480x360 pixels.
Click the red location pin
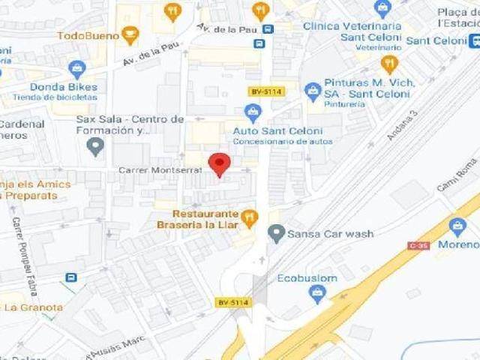[x=219, y=164]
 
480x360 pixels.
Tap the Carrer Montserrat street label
[x=160, y=171]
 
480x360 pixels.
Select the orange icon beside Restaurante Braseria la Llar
[x=250, y=217]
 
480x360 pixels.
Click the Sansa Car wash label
[x=331, y=234]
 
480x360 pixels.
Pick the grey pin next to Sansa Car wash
[x=277, y=234]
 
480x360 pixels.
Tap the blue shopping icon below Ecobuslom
[x=318, y=294]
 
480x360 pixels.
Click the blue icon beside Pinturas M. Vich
[x=313, y=91]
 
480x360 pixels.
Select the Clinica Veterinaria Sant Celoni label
[x=352, y=31]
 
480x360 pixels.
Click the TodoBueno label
[x=88, y=35]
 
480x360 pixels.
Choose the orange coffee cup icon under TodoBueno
[x=130, y=35]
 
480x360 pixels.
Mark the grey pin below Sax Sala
[x=94, y=146]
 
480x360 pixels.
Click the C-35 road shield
[x=418, y=245]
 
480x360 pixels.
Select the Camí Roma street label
[x=457, y=174]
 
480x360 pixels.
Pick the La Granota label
[x=34, y=307]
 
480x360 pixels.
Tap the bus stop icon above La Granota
[x=70, y=277]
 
